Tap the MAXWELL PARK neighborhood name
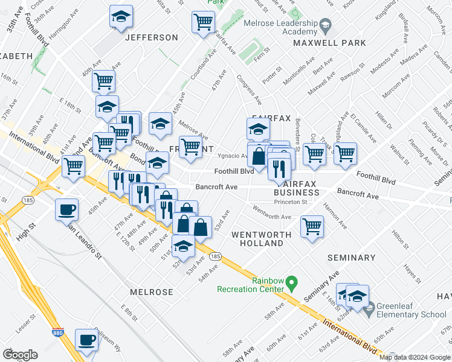(329, 43)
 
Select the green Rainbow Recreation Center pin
(291, 282)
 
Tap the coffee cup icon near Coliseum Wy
(86, 339)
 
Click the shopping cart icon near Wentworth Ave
(312, 227)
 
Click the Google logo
(20, 355)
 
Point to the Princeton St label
(290, 202)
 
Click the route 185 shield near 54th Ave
(215, 256)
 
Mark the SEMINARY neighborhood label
(351, 258)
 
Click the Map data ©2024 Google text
(415, 357)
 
